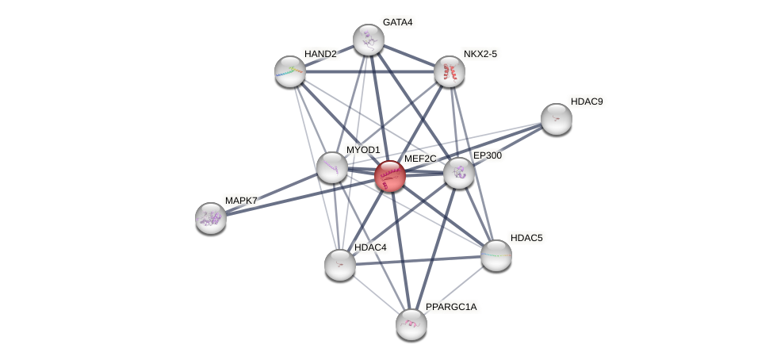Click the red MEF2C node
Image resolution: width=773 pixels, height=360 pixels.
point(389,175)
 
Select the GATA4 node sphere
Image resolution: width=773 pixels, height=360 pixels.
point(368,40)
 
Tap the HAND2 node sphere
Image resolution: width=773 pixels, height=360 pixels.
point(289,71)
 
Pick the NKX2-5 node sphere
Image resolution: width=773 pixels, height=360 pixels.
point(450,71)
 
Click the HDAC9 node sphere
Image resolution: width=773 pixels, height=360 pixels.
point(556,119)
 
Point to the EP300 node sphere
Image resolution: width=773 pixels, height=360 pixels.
point(458,172)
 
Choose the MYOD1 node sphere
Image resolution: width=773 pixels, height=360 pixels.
point(331,167)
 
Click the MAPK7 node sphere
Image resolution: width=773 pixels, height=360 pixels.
point(210,217)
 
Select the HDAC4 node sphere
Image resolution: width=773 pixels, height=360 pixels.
point(339,264)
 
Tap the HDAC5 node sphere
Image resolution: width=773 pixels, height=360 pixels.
point(496,255)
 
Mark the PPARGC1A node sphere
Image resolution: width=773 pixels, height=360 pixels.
point(411,324)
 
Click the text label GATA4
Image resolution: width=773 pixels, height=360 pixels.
point(397,22)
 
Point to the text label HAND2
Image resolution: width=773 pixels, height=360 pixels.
point(321,54)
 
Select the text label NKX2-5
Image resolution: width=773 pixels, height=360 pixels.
point(482,54)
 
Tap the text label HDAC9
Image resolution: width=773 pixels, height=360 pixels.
point(587,101)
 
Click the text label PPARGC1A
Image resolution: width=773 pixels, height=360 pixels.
point(451,307)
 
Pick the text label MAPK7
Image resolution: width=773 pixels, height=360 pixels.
point(241,201)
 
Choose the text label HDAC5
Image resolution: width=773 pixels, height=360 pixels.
point(526,238)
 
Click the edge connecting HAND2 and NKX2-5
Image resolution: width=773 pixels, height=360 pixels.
point(369,71)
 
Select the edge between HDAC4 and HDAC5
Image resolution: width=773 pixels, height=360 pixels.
point(418,259)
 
